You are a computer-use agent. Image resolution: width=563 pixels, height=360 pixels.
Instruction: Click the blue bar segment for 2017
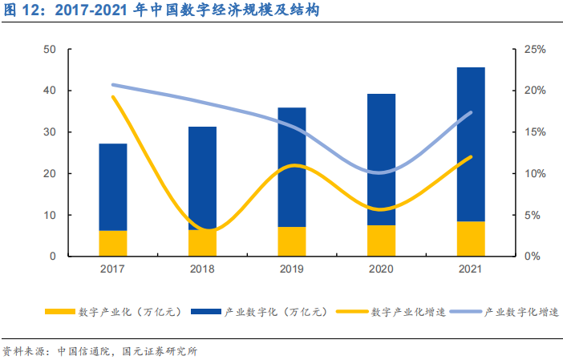(113, 187)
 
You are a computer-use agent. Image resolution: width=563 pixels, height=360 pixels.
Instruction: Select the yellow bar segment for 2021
(471, 239)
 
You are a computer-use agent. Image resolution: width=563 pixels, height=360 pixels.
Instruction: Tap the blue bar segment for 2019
(292, 167)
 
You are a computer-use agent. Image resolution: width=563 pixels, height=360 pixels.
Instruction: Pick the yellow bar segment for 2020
(381, 241)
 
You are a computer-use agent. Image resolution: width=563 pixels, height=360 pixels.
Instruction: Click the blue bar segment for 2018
(202, 178)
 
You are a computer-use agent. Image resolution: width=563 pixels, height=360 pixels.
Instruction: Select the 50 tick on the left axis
(50, 50)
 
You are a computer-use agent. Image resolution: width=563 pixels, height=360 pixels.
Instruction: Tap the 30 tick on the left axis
(50, 132)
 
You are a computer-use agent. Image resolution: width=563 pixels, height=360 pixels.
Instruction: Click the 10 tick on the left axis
(50, 215)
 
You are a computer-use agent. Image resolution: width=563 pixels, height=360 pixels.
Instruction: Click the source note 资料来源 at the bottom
(100, 351)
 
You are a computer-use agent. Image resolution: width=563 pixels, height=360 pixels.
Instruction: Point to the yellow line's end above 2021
(471, 157)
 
